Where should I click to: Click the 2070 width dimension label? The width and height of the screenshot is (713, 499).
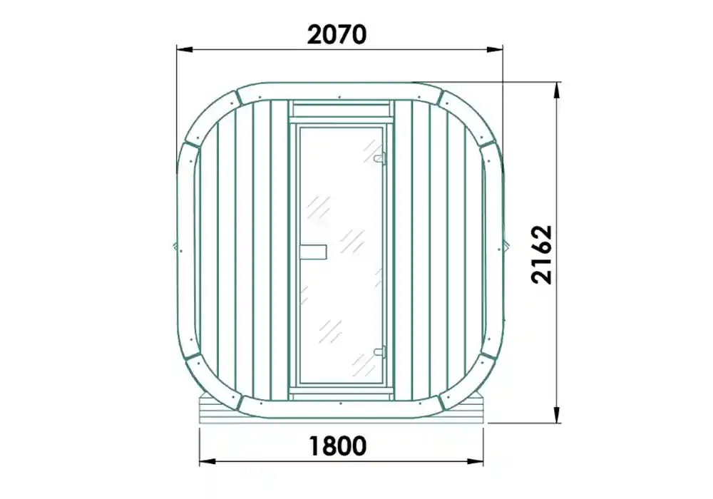337,34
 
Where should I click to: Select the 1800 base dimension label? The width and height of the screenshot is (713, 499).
338,446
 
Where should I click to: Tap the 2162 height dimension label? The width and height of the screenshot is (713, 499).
543,254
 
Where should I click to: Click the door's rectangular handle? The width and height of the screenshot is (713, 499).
313,252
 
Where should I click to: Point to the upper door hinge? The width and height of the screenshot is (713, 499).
380,156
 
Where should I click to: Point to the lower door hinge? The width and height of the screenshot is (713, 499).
380,351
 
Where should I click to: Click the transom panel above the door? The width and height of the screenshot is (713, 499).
342,109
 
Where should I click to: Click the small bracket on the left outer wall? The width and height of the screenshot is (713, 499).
176,247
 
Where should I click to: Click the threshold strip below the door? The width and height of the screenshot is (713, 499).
342,390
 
